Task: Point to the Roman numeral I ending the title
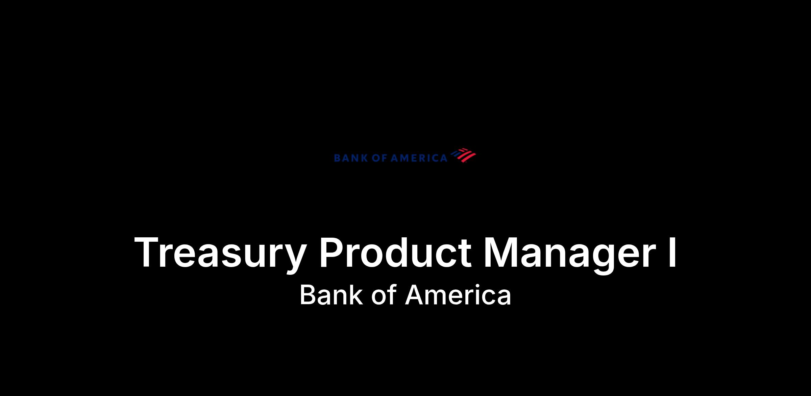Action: (672, 252)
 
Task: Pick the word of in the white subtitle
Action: (384, 295)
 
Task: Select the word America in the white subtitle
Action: (458, 295)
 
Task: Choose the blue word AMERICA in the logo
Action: (419, 158)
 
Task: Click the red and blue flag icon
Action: (462, 155)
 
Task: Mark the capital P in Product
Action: (333, 252)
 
